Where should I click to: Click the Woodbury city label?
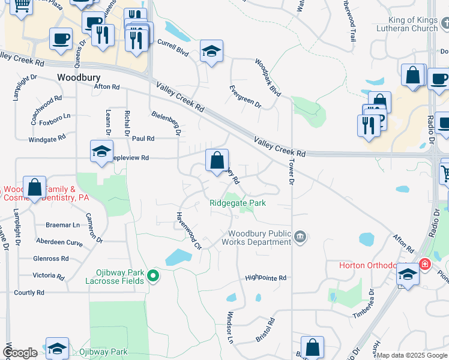pyautogui.click(x=79, y=78)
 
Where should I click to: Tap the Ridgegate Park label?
pyautogui.click(x=238, y=203)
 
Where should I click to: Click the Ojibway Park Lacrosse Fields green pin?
pyautogui.click(x=153, y=276)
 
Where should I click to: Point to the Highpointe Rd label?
pyautogui.click(x=265, y=278)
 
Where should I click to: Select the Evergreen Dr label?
pyautogui.click(x=246, y=97)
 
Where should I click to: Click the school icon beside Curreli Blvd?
pyautogui.click(x=211, y=51)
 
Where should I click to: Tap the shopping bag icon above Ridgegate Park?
pyautogui.click(x=217, y=160)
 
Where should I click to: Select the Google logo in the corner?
pyautogui.click(x=20, y=353)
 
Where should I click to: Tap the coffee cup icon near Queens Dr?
pyautogui.click(x=61, y=39)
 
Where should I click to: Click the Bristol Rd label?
pyautogui.click(x=265, y=330)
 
